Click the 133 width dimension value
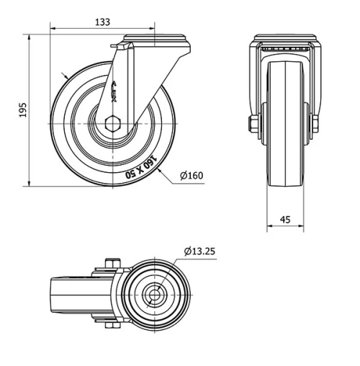pos(102,22)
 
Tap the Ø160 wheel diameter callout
pos(191,175)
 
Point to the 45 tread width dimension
pos(286,220)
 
